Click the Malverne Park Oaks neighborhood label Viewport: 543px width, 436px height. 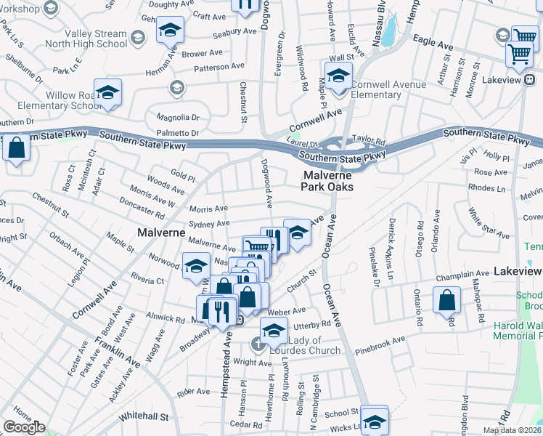[x=328, y=181]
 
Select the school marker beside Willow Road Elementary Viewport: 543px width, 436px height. [x=107, y=93]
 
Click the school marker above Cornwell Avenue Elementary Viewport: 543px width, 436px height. [x=338, y=76]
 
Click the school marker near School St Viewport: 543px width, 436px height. [x=375, y=419]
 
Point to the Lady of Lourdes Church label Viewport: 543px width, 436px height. [x=314, y=346]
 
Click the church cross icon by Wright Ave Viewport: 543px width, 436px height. [x=256, y=343]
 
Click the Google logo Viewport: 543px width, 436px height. [x=24, y=427]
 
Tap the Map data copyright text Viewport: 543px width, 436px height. [x=513, y=430]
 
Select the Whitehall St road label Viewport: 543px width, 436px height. [x=144, y=416]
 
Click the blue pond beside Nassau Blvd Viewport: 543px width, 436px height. [x=389, y=29]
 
